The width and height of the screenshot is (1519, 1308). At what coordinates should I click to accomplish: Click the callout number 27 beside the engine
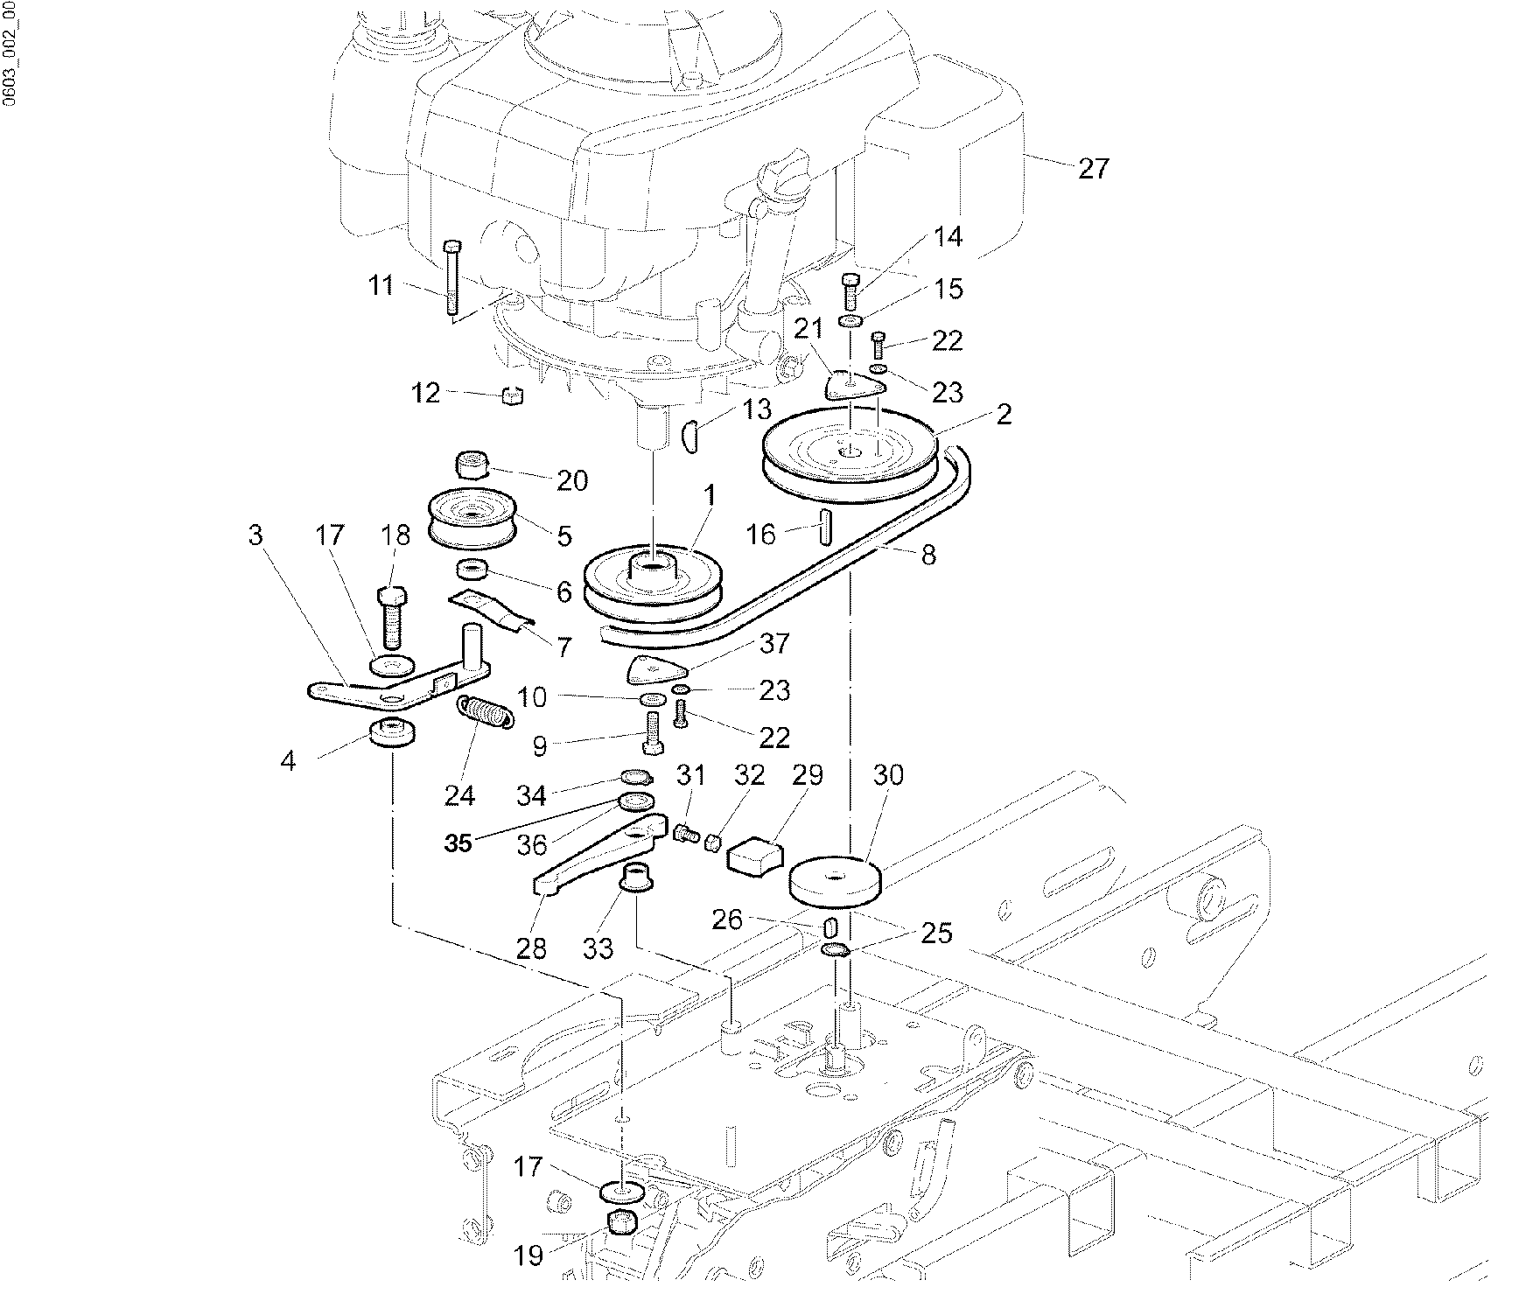[1093, 168]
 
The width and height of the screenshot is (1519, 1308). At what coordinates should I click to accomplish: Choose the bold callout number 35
[458, 843]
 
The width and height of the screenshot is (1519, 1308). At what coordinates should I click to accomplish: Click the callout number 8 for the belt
[928, 554]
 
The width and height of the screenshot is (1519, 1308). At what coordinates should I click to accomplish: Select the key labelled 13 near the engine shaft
[689, 435]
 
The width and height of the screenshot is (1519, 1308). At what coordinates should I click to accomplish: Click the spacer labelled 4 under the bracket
[393, 733]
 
